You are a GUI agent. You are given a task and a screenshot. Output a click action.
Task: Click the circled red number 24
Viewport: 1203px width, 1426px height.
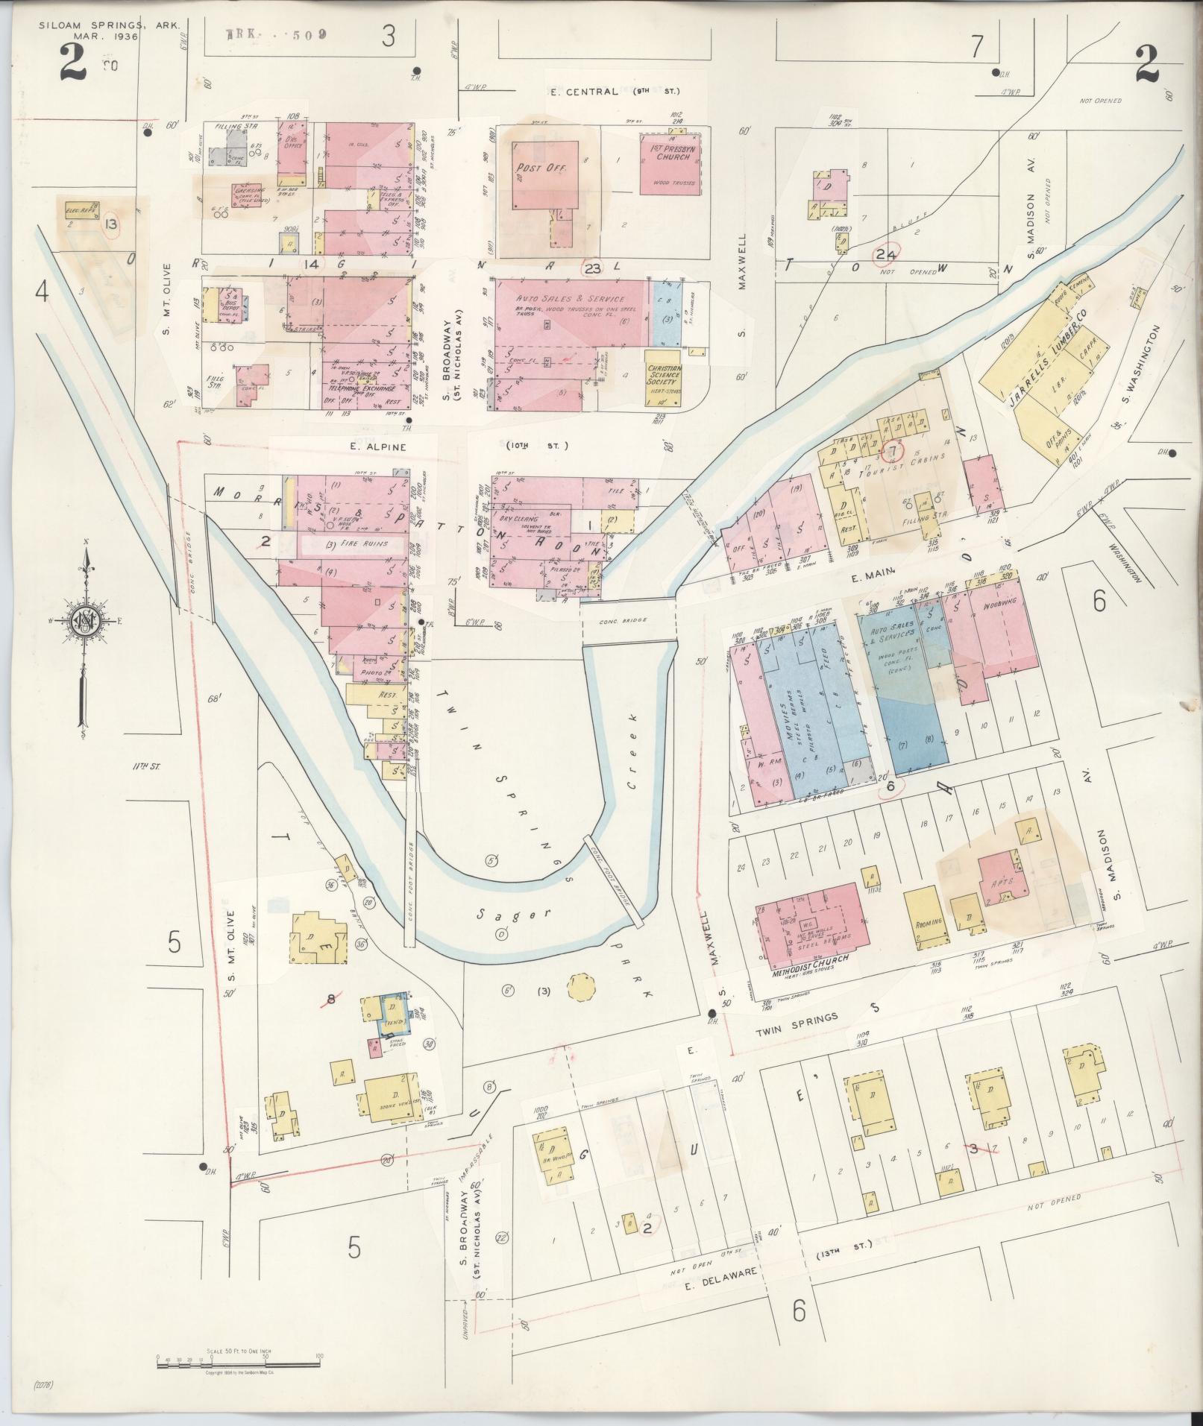coord(887,254)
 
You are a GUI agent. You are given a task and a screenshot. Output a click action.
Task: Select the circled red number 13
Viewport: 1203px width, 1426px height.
coord(112,224)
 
